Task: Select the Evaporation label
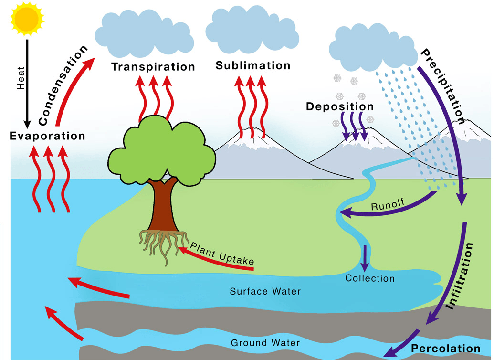tap(47, 136)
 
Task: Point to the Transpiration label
tap(153, 67)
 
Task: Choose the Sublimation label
tap(252, 65)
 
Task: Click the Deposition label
tap(340, 106)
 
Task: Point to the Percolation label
tap(445, 348)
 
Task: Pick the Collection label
tap(370, 278)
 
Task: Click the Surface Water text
tap(265, 291)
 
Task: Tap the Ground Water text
tap(265, 343)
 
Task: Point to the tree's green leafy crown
tap(158, 148)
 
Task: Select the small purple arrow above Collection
tap(365, 258)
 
